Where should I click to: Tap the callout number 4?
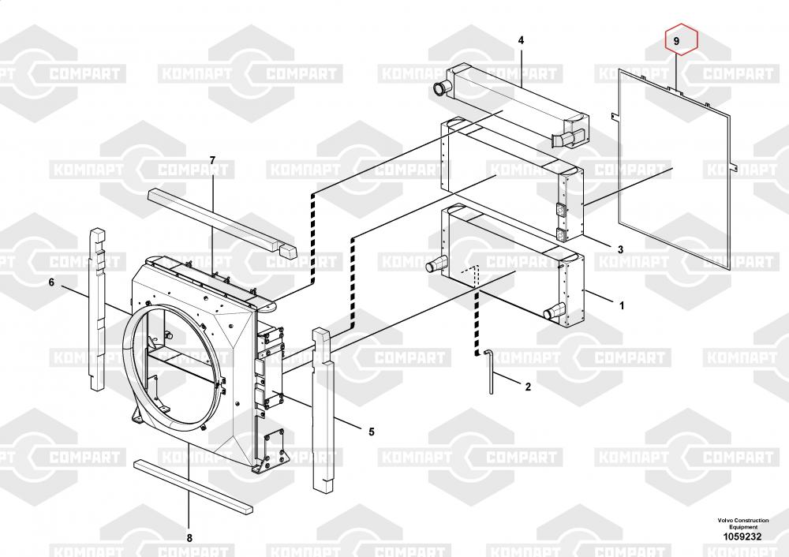coord(521,40)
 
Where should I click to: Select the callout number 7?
coord(212,161)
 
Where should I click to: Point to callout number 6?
coord(52,282)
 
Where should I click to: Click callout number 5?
coord(371,431)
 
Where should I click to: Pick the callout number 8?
coord(189,538)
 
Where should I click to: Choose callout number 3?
coord(620,249)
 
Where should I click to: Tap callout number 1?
coord(622,304)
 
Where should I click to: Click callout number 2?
coord(528,387)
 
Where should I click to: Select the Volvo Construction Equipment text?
coord(742,523)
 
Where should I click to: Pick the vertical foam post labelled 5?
coord(325,410)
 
